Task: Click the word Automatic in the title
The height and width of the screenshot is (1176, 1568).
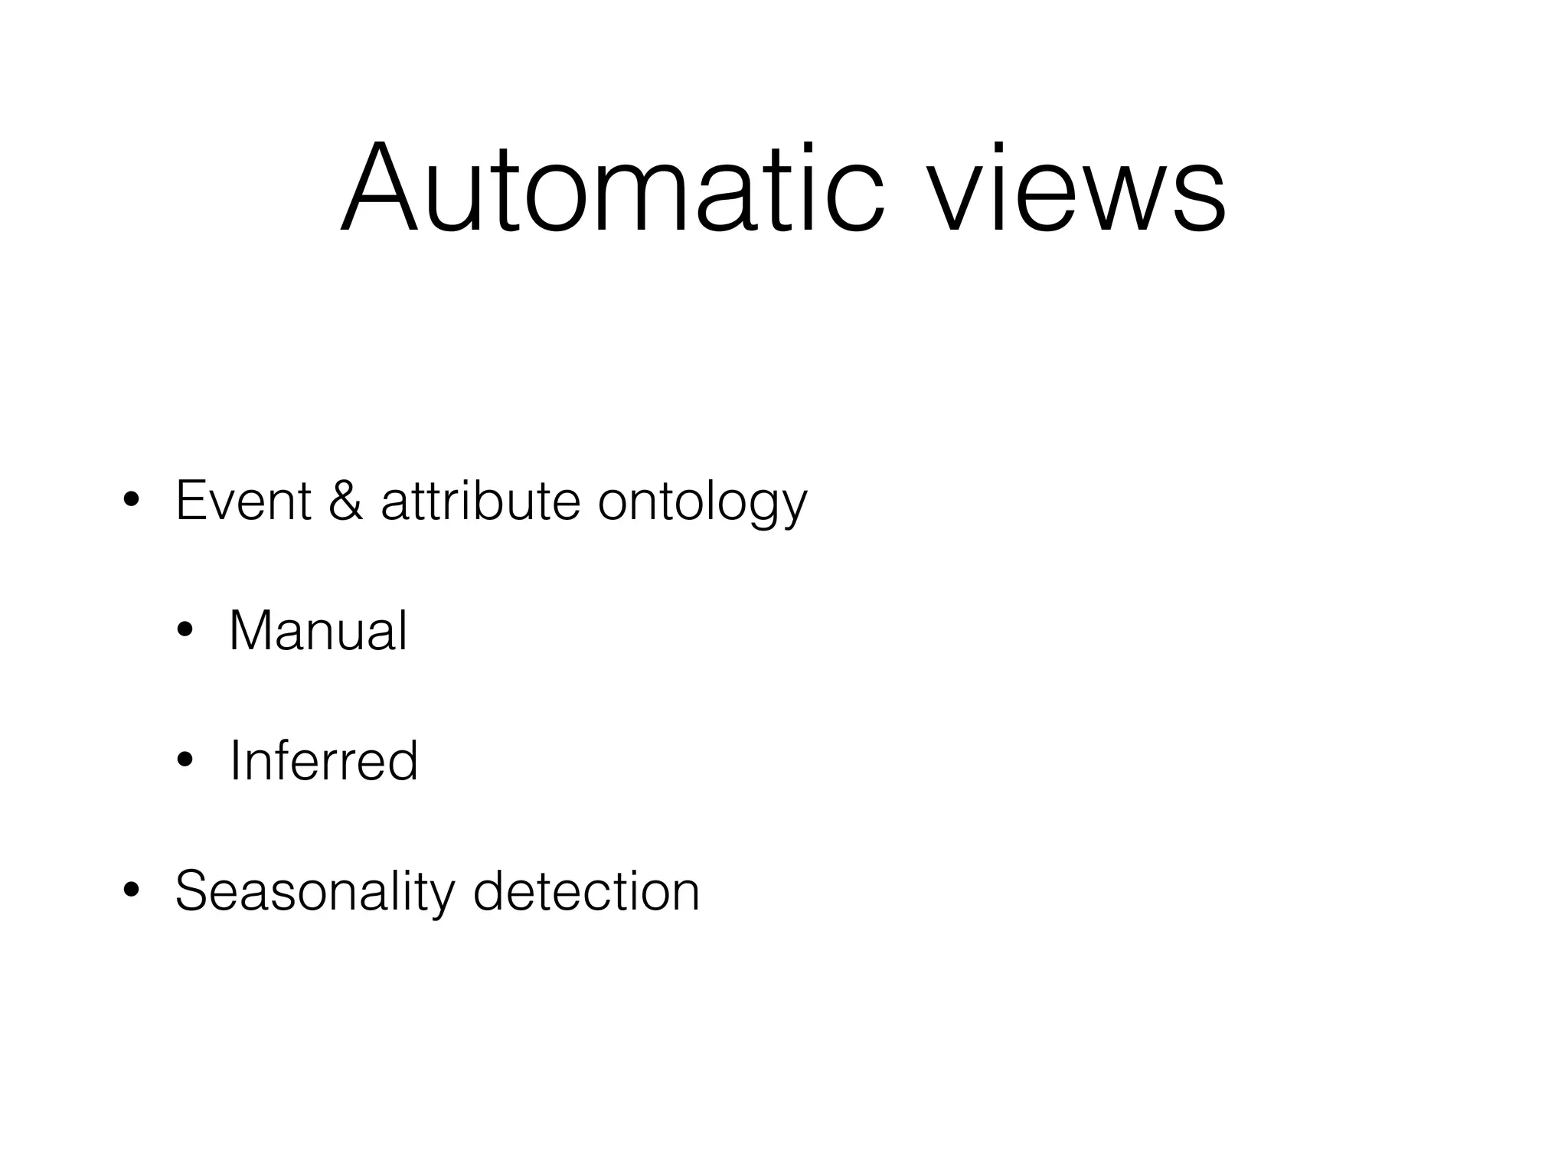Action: (x=612, y=188)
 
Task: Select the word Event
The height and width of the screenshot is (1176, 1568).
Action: (x=243, y=501)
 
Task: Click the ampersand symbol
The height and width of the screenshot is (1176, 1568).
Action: (x=345, y=501)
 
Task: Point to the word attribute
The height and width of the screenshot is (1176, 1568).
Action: (x=480, y=501)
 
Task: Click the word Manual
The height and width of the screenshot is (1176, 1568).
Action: (x=318, y=632)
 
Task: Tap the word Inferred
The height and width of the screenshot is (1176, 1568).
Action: (x=323, y=761)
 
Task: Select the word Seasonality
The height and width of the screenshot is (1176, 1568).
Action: (x=315, y=892)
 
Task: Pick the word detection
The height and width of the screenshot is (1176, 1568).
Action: (x=586, y=892)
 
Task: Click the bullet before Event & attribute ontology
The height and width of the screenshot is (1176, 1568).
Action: (x=131, y=501)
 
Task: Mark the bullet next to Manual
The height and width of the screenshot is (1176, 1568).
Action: (x=185, y=632)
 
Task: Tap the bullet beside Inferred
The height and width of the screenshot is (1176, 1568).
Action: (x=185, y=761)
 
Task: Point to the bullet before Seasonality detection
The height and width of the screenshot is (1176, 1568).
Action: (x=131, y=891)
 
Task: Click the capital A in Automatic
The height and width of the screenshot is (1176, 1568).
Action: (x=380, y=188)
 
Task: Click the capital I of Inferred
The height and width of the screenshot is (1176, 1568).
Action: (x=235, y=761)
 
